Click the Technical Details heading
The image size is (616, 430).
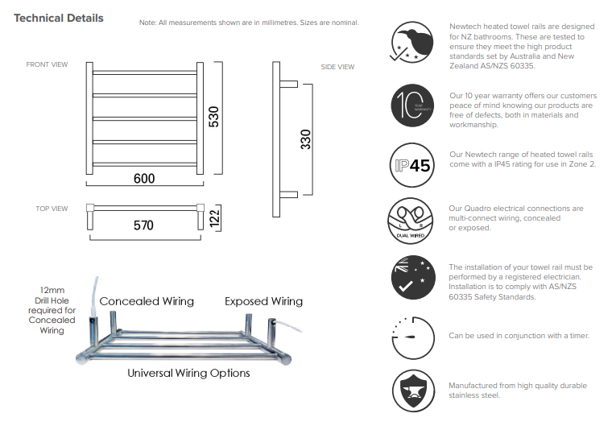[x=59, y=19]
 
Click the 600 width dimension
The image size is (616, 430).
[x=144, y=178]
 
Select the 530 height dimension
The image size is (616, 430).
[x=214, y=118]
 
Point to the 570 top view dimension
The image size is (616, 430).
[x=143, y=226]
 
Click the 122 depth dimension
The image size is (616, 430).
[x=215, y=217]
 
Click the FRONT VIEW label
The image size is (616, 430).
[x=47, y=64]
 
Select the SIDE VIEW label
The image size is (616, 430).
[x=337, y=67]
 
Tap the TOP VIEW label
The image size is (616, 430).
[x=52, y=209]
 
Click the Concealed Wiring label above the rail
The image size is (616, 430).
[x=147, y=301]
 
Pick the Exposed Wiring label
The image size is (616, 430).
[x=263, y=301]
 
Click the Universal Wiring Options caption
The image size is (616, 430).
[x=188, y=373]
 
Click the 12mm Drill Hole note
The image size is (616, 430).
[x=52, y=309]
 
